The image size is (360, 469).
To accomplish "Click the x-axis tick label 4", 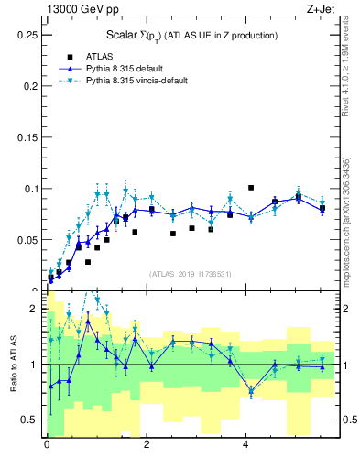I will tap(245, 446).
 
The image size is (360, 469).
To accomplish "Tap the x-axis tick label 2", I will tap(147, 446).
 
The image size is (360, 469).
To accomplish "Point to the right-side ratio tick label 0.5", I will tap(350, 420).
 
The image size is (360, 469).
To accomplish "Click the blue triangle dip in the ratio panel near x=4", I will tap(251, 391).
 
